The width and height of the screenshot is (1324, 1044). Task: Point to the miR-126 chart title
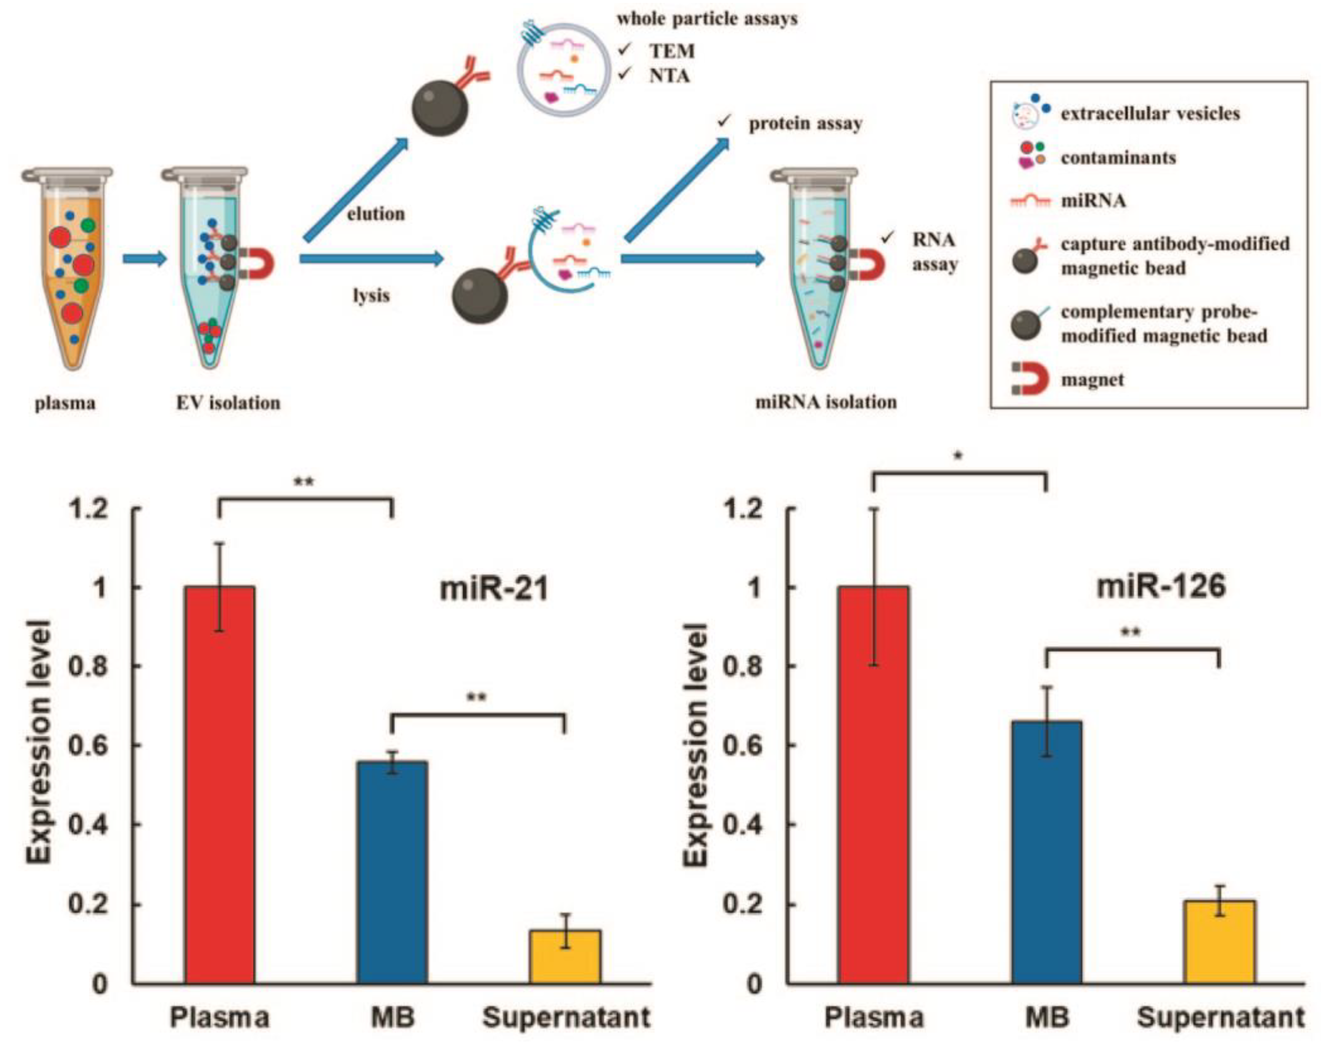pos(1160,587)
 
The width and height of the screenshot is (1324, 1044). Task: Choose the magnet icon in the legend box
pos(1030,380)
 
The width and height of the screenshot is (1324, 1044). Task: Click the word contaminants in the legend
pos(1118,158)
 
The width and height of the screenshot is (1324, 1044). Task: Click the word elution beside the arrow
pos(376,214)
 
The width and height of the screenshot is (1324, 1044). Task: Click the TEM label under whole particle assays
pos(672,51)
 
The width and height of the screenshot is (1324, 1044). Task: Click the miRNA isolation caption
pos(826,402)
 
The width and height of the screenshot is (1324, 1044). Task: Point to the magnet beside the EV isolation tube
pos(257,262)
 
